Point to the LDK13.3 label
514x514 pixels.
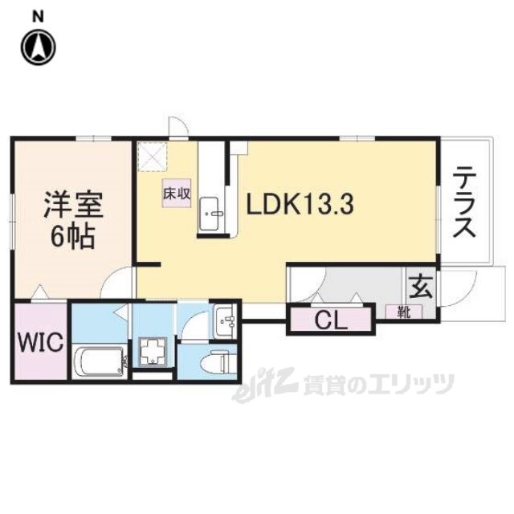[300, 206]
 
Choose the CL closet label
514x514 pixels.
[330, 320]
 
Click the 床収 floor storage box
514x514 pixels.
[177, 194]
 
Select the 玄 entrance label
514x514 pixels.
[421, 285]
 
